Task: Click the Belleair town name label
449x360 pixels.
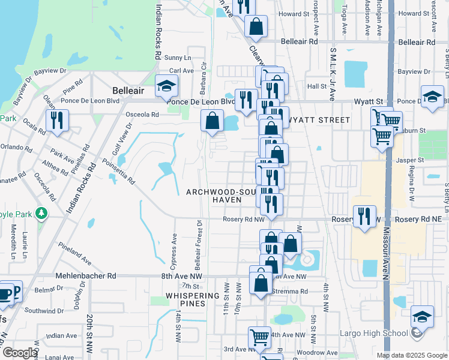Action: point(128,90)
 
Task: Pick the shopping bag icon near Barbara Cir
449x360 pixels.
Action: point(212,121)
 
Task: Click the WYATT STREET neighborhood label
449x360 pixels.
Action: point(319,120)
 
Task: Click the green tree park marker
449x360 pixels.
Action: point(41,213)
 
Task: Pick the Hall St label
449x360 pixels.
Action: point(316,86)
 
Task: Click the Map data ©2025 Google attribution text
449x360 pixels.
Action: point(411,355)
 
